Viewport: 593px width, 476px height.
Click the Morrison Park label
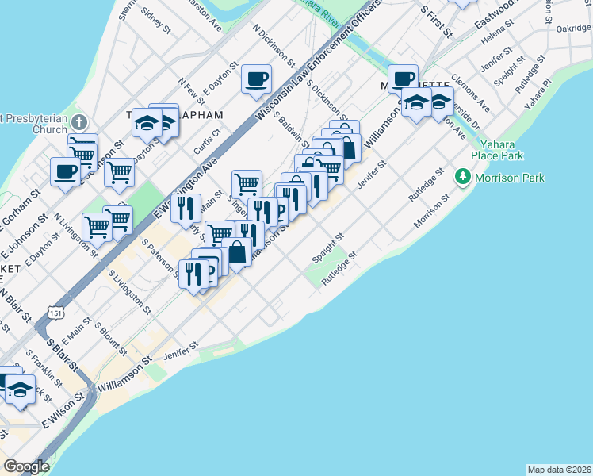pyautogui.click(x=510, y=178)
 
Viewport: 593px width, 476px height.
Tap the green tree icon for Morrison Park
pyautogui.click(x=464, y=177)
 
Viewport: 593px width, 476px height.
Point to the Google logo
pyautogui.click(x=26, y=466)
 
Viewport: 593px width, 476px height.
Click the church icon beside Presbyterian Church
pyautogui.click(x=78, y=123)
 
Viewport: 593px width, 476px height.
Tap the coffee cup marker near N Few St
pyautogui.click(x=256, y=79)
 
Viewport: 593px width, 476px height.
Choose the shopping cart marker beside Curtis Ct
pyautogui.click(x=247, y=184)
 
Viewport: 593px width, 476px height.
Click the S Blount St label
pyautogui.click(x=111, y=336)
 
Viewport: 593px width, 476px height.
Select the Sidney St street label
pyautogui.click(x=155, y=20)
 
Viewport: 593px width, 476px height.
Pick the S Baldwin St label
pyautogui.click(x=290, y=129)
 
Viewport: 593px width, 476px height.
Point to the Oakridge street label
pyautogui.click(x=573, y=28)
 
